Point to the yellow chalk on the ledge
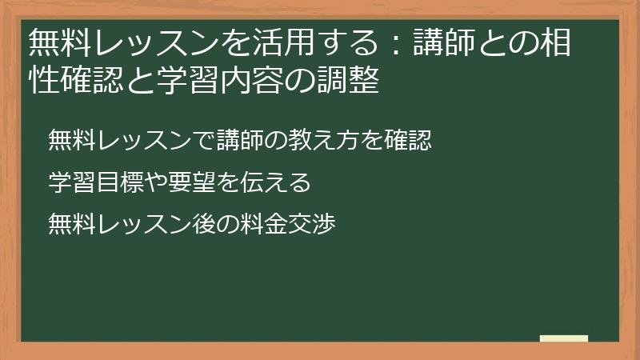(x=563, y=338)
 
